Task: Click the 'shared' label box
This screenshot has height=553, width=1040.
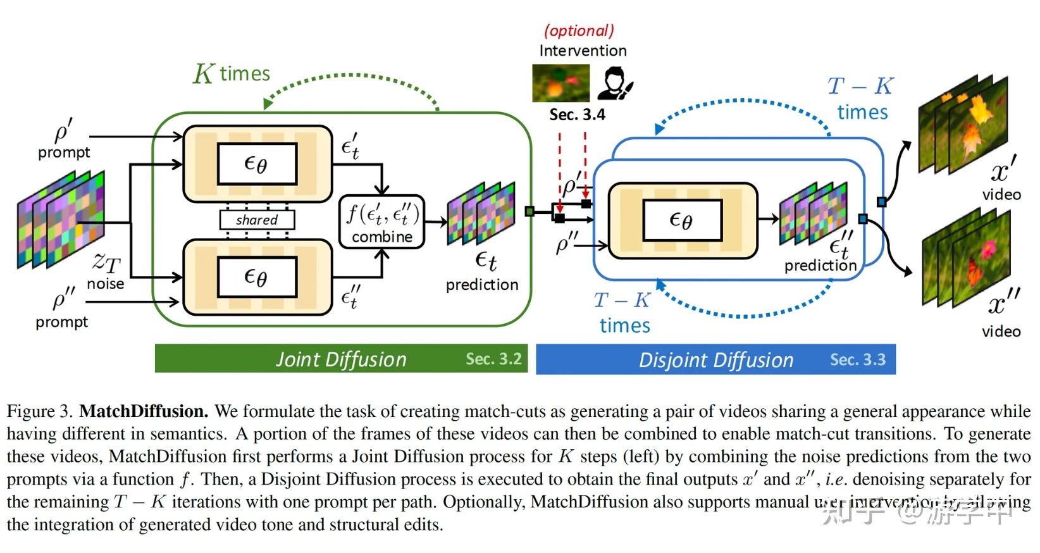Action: [257, 220]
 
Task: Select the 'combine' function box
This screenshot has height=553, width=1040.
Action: [382, 221]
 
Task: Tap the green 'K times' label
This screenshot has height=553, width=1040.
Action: [232, 73]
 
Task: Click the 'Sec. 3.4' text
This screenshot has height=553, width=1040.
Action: [577, 115]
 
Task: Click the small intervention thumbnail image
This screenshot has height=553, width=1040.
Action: [560, 83]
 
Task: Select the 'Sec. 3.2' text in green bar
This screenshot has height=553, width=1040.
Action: [493, 359]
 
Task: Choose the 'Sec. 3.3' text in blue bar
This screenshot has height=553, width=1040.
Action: [857, 359]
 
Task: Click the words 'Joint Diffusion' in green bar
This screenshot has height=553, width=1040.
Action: [341, 359]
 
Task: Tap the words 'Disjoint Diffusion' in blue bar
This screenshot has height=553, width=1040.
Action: [715, 360]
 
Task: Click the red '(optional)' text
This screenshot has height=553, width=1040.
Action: [579, 30]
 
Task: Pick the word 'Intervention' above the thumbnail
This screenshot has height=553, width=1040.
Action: [583, 51]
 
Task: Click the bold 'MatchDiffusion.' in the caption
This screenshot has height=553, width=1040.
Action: [144, 411]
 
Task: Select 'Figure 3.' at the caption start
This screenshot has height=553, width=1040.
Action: [40, 411]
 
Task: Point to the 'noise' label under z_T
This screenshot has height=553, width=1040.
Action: [105, 283]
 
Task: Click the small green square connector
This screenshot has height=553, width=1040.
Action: [529, 211]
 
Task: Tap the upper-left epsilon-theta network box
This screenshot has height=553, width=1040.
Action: [257, 164]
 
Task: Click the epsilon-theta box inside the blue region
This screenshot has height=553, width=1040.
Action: [682, 220]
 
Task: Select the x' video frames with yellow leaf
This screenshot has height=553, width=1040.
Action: [962, 123]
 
